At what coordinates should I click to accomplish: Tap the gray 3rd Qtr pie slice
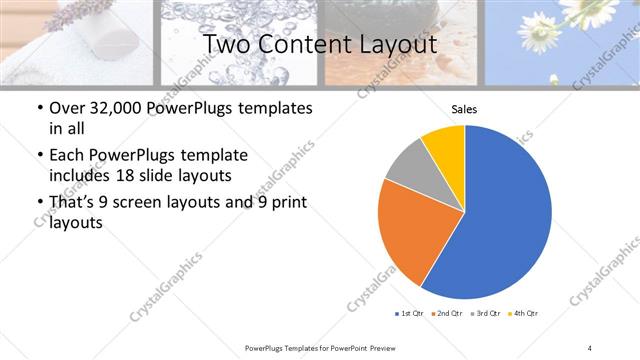click(x=408, y=167)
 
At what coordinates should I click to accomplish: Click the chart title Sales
click(x=464, y=110)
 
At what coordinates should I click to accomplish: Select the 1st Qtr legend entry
click(x=408, y=314)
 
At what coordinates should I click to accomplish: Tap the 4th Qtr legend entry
click(x=525, y=314)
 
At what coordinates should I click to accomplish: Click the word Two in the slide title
click(x=224, y=45)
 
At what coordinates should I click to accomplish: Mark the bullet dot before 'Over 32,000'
click(x=39, y=108)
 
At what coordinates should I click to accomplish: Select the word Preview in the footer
click(x=384, y=347)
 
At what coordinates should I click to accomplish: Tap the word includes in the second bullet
click(x=83, y=176)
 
